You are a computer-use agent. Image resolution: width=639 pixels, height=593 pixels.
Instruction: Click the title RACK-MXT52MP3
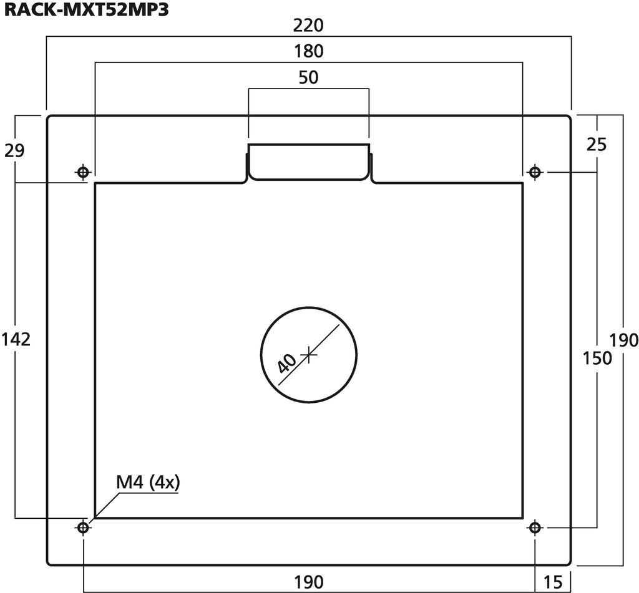[x=86, y=10]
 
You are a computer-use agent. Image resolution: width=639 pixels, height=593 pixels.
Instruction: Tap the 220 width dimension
[x=308, y=26]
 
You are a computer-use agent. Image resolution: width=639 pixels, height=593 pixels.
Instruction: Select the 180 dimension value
[x=308, y=51]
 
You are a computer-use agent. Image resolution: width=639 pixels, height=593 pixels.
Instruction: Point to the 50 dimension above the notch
[x=308, y=77]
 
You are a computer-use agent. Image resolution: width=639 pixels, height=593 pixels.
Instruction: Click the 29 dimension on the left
[x=15, y=150]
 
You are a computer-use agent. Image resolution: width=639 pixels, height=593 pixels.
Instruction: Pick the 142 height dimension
[x=16, y=339]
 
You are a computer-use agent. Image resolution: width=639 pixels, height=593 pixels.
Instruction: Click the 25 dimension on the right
[x=597, y=145]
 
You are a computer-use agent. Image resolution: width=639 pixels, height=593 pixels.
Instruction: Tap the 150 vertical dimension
[x=597, y=359]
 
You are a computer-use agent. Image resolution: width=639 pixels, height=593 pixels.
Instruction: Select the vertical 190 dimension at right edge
[x=623, y=340]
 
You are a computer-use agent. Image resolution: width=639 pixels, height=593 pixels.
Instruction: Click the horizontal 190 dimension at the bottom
[x=308, y=582]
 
